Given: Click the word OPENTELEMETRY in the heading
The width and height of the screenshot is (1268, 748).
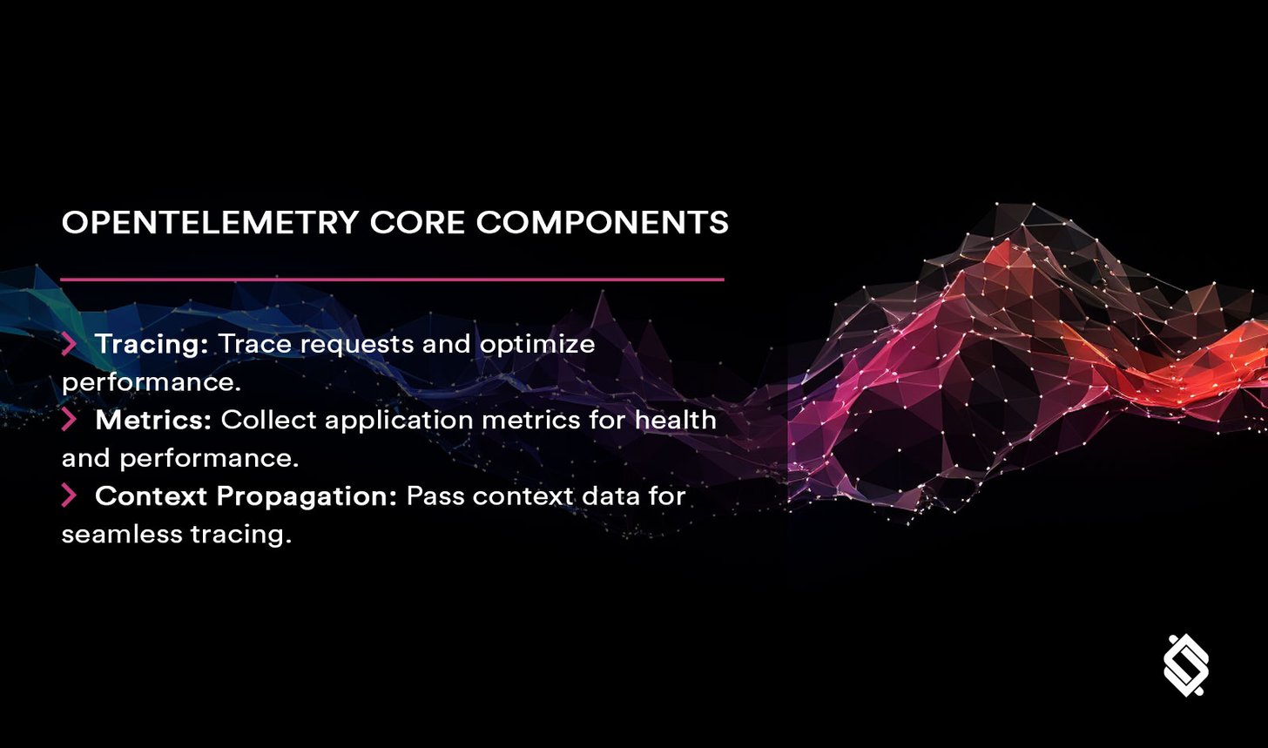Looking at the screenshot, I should pos(210,223).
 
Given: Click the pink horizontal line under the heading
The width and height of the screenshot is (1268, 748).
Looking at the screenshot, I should pos(392,280).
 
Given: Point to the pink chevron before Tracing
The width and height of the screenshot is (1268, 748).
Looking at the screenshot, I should pos(69,344).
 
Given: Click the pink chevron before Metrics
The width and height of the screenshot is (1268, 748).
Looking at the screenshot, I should pos(69,420).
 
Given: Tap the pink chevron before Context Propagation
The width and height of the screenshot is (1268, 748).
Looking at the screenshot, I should pos(69,495).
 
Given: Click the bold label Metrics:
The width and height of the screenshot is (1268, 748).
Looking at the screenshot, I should pos(153,420).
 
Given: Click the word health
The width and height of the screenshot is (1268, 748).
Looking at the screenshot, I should pos(675,420).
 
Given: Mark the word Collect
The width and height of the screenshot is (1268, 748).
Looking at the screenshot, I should pos(260,420).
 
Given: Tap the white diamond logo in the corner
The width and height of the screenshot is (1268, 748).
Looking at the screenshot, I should pos(1186,666).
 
